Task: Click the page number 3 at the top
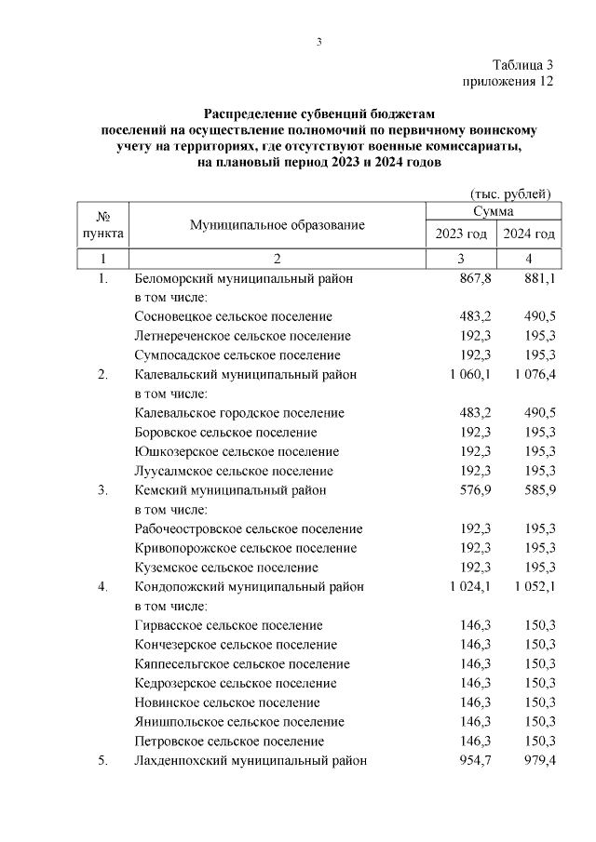[x=318, y=41]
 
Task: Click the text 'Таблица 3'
[x=523, y=65]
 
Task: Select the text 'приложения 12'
[x=508, y=81]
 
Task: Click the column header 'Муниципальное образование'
[x=278, y=225]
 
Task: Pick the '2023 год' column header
[x=461, y=233]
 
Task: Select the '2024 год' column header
[x=529, y=233]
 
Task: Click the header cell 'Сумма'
[x=495, y=212]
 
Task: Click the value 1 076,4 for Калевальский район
[x=534, y=375]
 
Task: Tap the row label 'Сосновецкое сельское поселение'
[x=233, y=316]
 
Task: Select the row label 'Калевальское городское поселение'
[x=239, y=413]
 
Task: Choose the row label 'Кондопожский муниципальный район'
[x=249, y=587]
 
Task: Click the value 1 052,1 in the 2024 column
[x=534, y=587]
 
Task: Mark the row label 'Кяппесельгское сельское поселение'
[x=242, y=664]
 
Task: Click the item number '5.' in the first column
[x=103, y=760]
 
